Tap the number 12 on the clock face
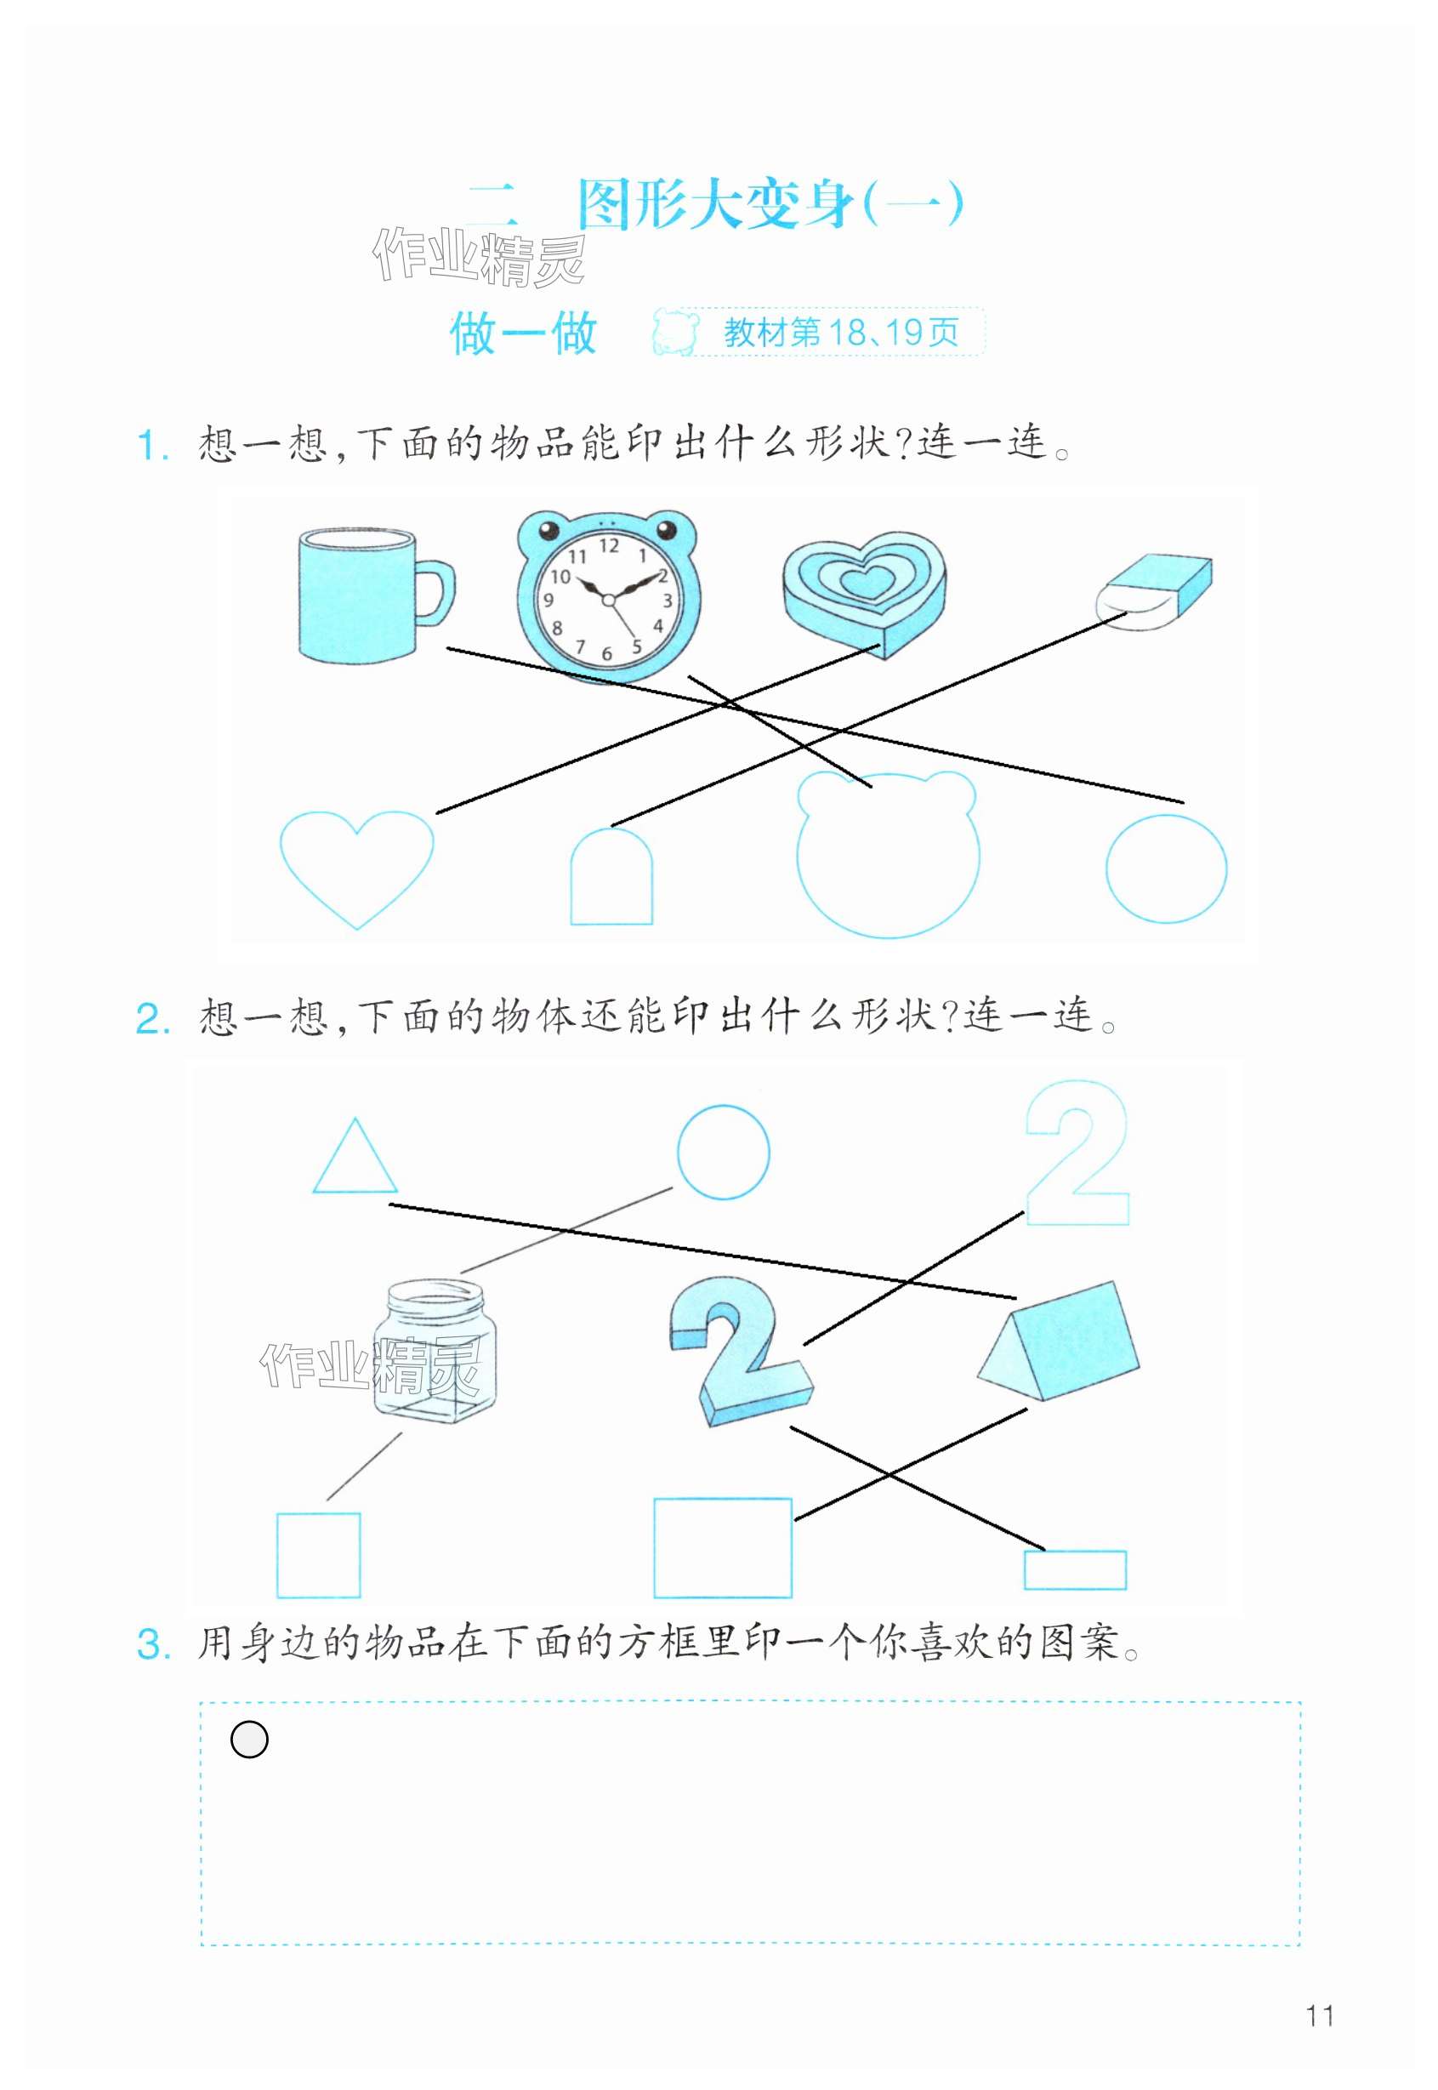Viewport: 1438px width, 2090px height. click(609, 545)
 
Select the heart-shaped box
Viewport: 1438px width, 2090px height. click(864, 595)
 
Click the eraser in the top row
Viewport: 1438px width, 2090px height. click(1154, 592)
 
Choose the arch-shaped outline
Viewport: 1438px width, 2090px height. click(611, 875)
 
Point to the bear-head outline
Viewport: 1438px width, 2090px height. click(887, 853)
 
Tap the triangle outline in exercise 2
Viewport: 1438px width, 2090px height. click(355, 1156)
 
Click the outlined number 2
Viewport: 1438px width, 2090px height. click(1077, 1153)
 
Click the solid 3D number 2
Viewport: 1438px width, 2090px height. click(740, 1350)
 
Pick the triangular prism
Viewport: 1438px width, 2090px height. click(1059, 1341)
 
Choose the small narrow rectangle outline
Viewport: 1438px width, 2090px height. click(1075, 1570)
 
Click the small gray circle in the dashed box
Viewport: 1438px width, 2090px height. click(248, 1740)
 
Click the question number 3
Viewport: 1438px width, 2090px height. click(153, 1644)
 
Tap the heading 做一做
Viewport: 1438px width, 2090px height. click(524, 333)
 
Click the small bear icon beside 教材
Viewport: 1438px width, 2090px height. click(675, 333)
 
